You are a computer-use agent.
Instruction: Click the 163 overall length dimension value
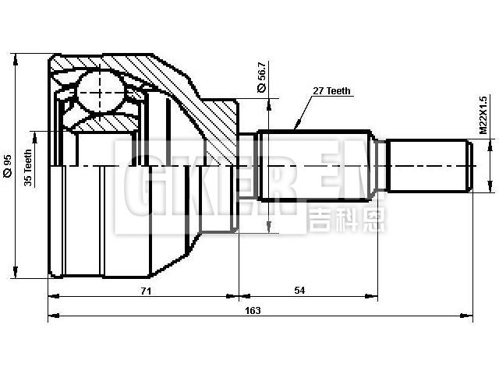253,310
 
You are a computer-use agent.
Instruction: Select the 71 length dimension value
145,291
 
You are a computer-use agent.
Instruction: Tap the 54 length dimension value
299,291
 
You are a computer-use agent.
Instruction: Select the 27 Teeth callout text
332,91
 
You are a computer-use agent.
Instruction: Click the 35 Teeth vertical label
29,168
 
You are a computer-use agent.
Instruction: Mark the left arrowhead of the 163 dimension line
52,316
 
